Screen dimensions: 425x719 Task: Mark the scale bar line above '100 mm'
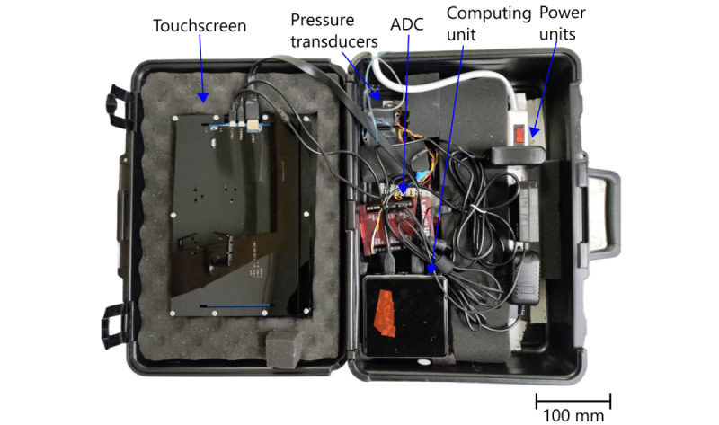coord(573,396)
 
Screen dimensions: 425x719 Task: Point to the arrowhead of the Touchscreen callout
coord(204,96)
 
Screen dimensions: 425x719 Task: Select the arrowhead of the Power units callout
coord(532,132)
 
